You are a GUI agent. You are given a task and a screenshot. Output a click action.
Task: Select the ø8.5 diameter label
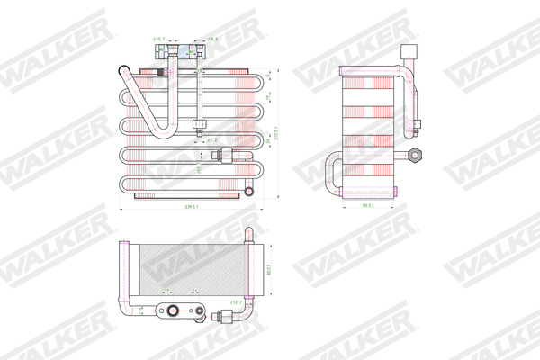[213, 40]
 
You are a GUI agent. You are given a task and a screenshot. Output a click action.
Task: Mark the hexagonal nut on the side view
[415, 155]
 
